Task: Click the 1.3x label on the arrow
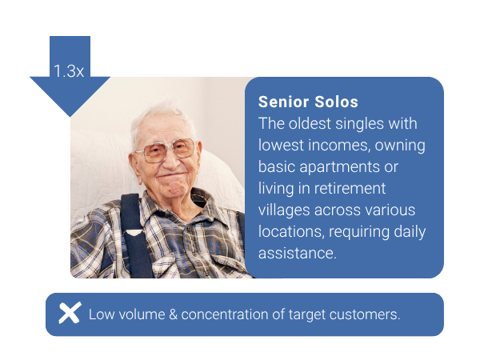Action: [x=69, y=71]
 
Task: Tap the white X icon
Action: [x=70, y=313]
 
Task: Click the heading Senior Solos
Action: [x=308, y=102]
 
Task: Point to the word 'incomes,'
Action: [x=341, y=145]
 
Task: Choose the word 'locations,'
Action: [x=291, y=232]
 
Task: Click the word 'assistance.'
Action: [x=298, y=253]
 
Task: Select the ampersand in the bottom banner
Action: [x=173, y=314]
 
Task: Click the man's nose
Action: [x=171, y=161]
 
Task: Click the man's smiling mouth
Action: [x=171, y=176]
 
